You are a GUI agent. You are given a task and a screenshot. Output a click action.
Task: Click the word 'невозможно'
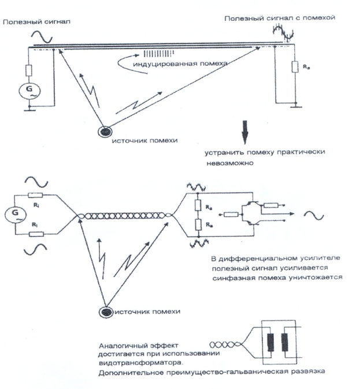pos(222,164)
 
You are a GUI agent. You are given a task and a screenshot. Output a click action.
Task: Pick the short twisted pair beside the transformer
pos(227,342)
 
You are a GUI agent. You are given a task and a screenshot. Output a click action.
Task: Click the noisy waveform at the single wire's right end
pos(284,36)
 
